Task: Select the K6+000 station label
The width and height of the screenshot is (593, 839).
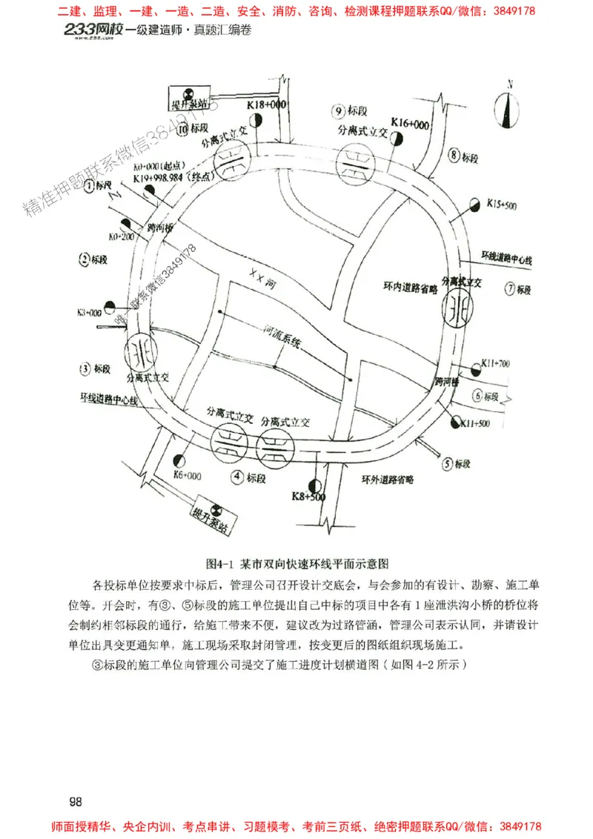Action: click(x=187, y=474)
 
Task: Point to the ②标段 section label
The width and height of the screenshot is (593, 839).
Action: click(x=95, y=259)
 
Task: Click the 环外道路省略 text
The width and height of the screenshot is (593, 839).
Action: click(x=387, y=480)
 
